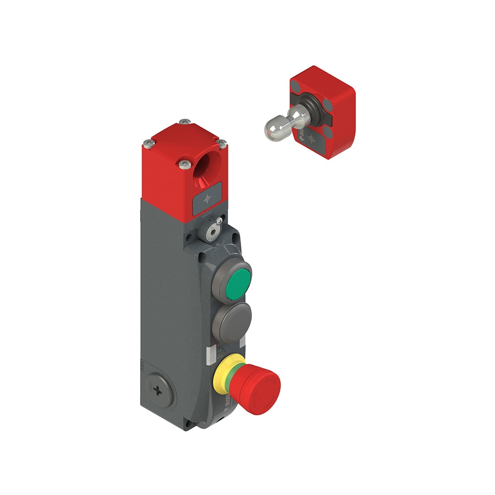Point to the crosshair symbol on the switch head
pyautogui.click(x=207, y=199)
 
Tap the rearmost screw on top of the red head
pyautogui.click(x=185, y=122)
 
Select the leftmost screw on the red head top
pyautogui.click(x=147, y=144)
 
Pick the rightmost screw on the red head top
pyautogui.click(x=222, y=143)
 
